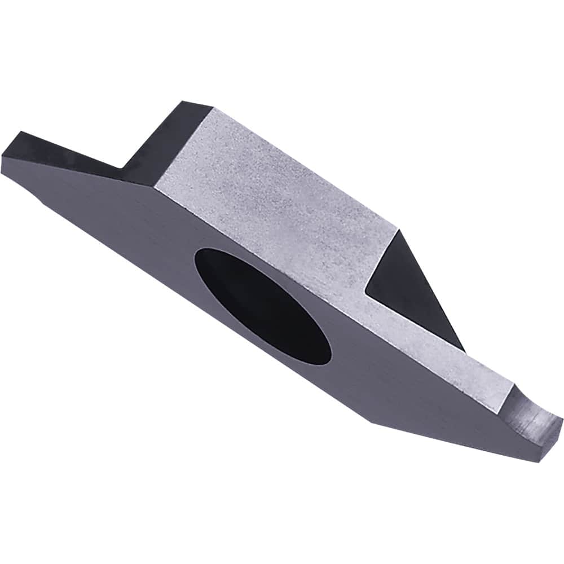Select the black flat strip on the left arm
pos(62,149)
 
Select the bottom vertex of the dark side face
pos(369,421)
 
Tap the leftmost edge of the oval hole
pos(195,259)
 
